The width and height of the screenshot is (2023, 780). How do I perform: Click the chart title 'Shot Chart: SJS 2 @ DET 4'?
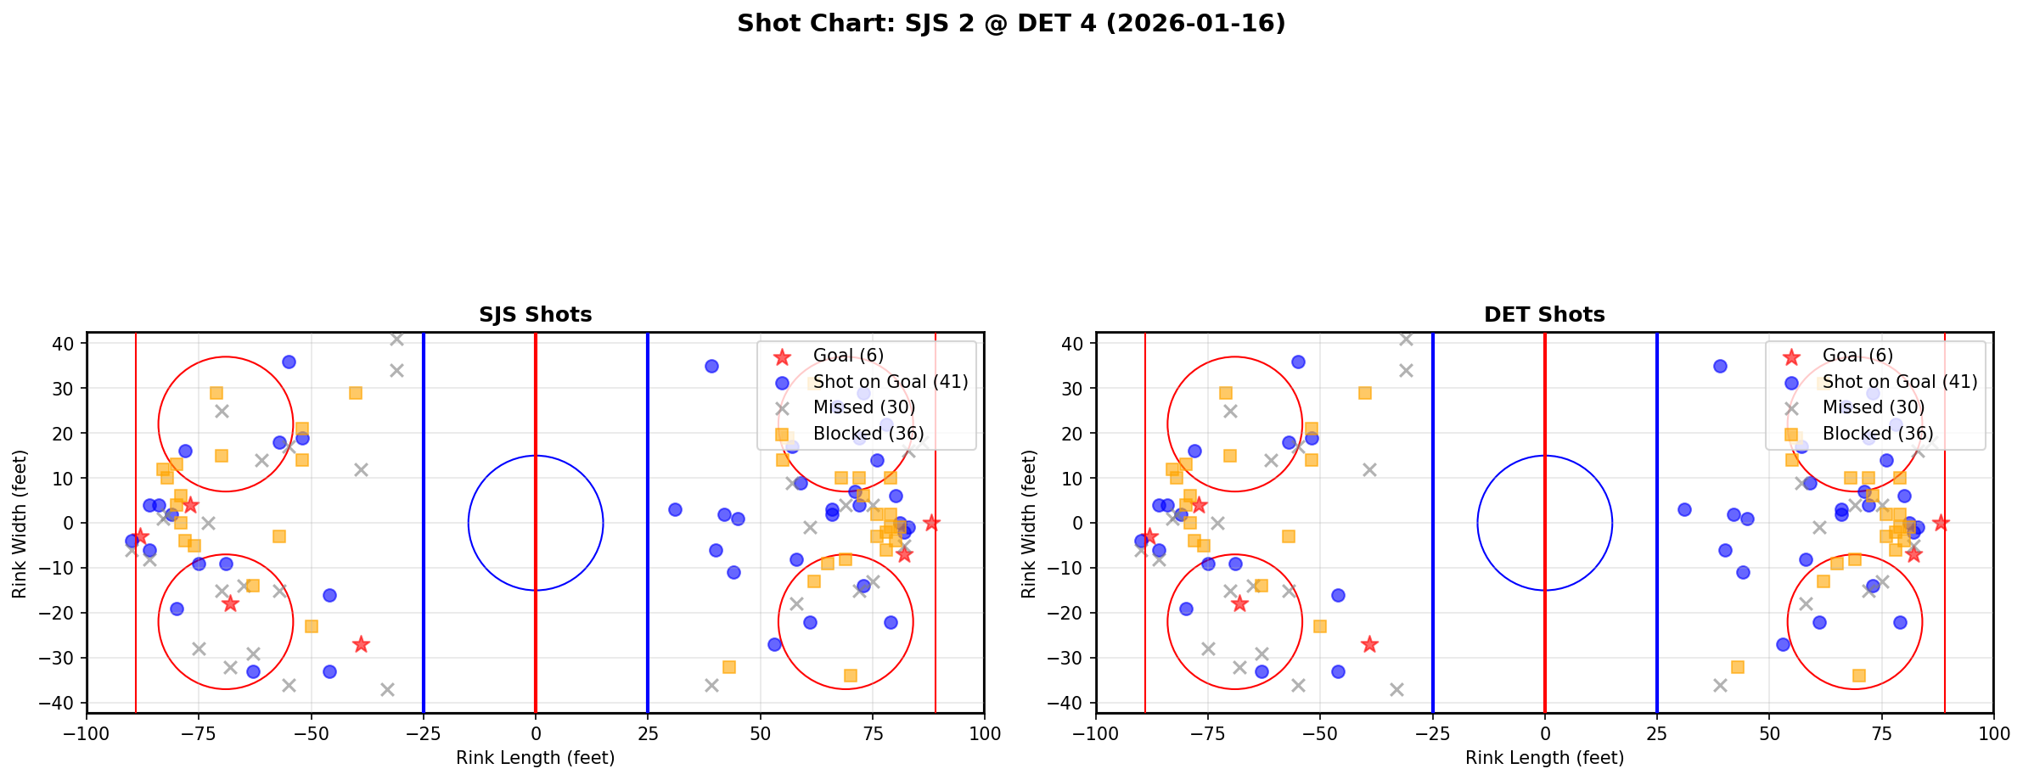[x=1010, y=24]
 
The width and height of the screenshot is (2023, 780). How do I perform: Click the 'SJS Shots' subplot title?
[x=535, y=315]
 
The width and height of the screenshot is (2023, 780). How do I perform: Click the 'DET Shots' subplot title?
[x=1544, y=315]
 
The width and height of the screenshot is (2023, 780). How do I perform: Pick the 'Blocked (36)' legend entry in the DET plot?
[x=1878, y=434]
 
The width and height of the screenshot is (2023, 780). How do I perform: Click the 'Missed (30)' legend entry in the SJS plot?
[x=863, y=407]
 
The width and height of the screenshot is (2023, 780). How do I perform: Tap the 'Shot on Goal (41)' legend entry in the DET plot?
[x=1899, y=382]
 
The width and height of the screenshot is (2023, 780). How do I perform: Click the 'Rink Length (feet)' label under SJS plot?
[x=535, y=758]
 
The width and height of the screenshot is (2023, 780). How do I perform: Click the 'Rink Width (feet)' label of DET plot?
[x=1029, y=524]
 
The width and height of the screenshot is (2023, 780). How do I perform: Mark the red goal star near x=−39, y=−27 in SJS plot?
[x=361, y=644]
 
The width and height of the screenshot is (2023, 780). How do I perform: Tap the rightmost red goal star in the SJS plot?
[x=931, y=523]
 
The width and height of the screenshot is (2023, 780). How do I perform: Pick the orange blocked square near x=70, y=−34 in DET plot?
[x=1858, y=676]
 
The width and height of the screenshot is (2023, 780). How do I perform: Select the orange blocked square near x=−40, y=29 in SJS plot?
[x=356, y=393]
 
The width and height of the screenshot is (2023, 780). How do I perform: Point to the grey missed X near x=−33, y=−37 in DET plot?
[x=1396, y=689]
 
